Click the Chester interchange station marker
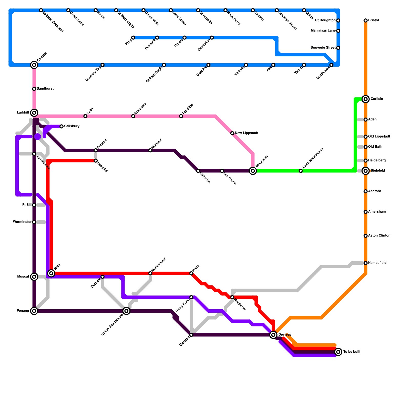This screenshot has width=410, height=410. (34, 65)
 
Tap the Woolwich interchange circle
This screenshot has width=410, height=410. (253, 171)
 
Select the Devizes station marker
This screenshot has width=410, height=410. (273, 335)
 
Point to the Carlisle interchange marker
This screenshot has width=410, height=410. (366, 99)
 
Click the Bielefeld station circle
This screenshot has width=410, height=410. (366, 171)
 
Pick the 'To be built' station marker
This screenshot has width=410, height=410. (338, 352)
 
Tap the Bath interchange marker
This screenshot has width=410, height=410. (51, 273)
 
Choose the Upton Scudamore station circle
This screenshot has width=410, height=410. (126, 311)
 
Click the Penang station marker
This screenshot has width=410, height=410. (34, 311)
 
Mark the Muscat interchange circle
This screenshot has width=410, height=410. (34, 277)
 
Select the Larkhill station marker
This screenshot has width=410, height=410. (34, 113)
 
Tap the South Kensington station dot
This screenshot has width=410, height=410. (301, 171)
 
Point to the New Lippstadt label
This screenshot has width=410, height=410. (246, 133)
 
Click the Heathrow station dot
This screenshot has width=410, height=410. (232, 297)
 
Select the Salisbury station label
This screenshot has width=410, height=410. (72, 126)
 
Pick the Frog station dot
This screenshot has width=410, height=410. (133, 38)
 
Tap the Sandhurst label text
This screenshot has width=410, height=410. (45, 89)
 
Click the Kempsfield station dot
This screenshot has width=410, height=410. (366, 263)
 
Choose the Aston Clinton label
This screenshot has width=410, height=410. (379, 236)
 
